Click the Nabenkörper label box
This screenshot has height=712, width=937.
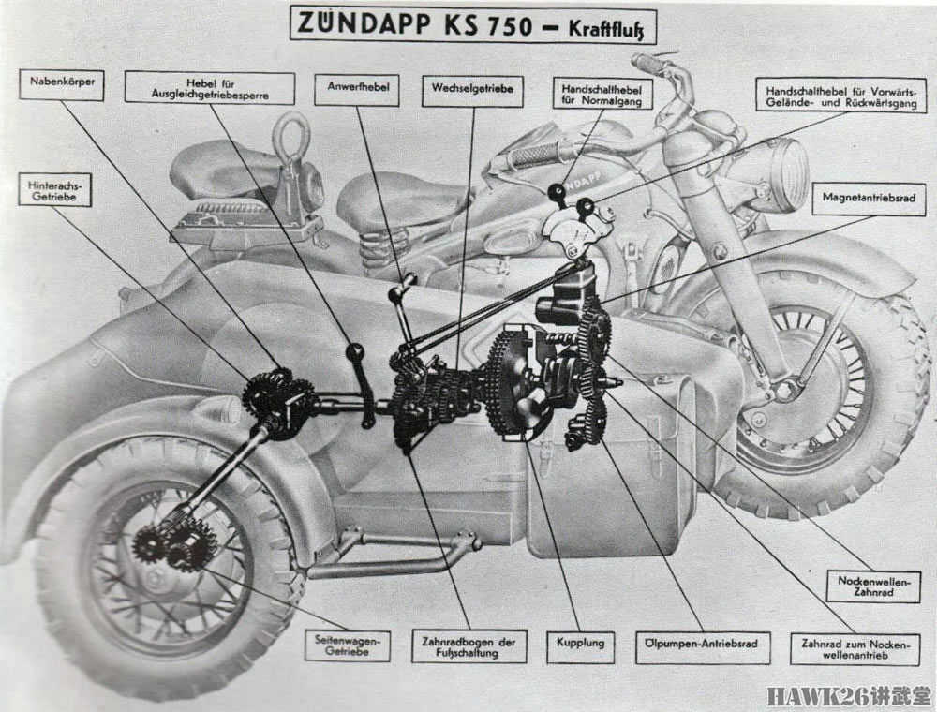pos(62,84)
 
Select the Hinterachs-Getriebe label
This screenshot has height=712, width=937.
pos(54,189)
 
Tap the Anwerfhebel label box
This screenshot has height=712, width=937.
pos(357,90)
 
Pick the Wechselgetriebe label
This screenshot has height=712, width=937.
pos(472,91)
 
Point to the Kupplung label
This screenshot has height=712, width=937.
pos(580,645)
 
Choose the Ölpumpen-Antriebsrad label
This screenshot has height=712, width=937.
pos(703,647)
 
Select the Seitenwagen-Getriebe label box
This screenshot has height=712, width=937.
pos(348,645)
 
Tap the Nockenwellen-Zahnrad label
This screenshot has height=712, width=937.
pos(873,586)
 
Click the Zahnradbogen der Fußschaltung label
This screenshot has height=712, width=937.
pos(469,646)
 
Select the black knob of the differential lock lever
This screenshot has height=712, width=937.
pos(355,352)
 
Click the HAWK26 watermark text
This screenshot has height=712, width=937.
pos(849,696)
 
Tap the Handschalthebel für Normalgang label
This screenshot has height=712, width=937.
pos(602,95)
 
